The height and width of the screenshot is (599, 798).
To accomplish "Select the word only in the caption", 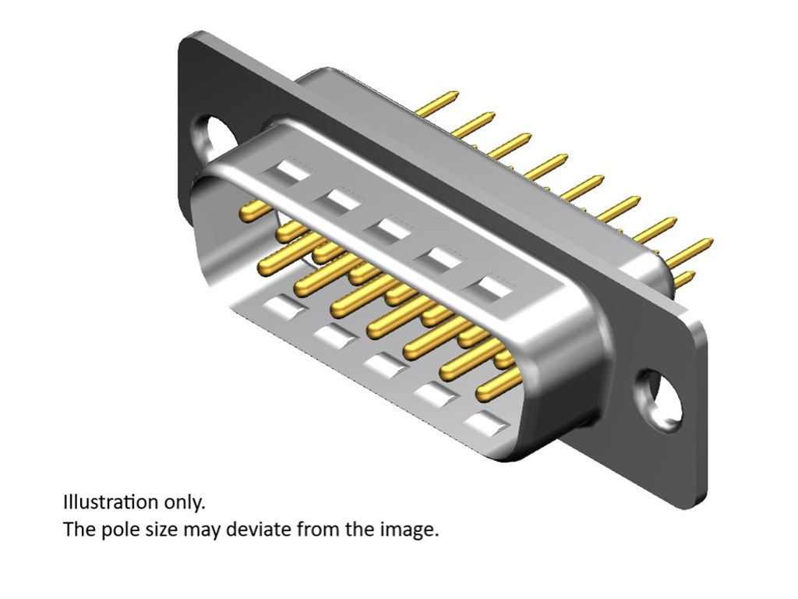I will [185, 501].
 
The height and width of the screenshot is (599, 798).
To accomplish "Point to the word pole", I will [115, 530].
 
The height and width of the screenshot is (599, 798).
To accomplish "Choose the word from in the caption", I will [316, 530].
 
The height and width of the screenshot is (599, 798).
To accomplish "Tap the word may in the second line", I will [201, 530].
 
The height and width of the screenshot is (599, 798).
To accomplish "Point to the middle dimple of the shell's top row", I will [387, 230].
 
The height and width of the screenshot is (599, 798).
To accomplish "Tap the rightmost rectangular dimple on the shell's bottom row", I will [486, 424].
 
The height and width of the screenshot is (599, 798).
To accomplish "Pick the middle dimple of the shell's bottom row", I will [383, 365].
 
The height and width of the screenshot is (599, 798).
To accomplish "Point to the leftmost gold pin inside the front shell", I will [254, 208].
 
